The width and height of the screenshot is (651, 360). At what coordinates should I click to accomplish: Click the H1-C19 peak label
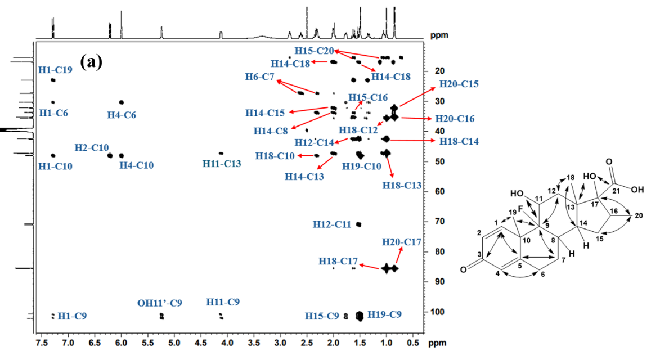pyautogui.click(x=55, y=70)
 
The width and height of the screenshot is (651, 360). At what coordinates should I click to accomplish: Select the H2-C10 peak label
pyautogui.click(x=91, y=147)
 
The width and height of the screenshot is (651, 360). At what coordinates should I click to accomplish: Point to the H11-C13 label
pyautogui.click(x=222, y=164)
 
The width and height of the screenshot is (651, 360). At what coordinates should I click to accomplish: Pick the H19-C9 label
pyautogui.click(x=385, y=314)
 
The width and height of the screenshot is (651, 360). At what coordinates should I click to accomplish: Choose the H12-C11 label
pyautogui.click(x=333, y=224)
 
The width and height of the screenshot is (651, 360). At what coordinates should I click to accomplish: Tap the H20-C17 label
pyautogui.click(x=400, y=242)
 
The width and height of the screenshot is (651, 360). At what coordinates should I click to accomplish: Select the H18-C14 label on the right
pyautogui.click(x=455, y=141)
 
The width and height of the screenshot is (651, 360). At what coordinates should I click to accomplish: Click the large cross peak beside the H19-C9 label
pyautogui.click(x=360, y=317)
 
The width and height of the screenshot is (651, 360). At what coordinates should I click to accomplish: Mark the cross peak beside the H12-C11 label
pyautogui.click(x=358, y=224)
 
